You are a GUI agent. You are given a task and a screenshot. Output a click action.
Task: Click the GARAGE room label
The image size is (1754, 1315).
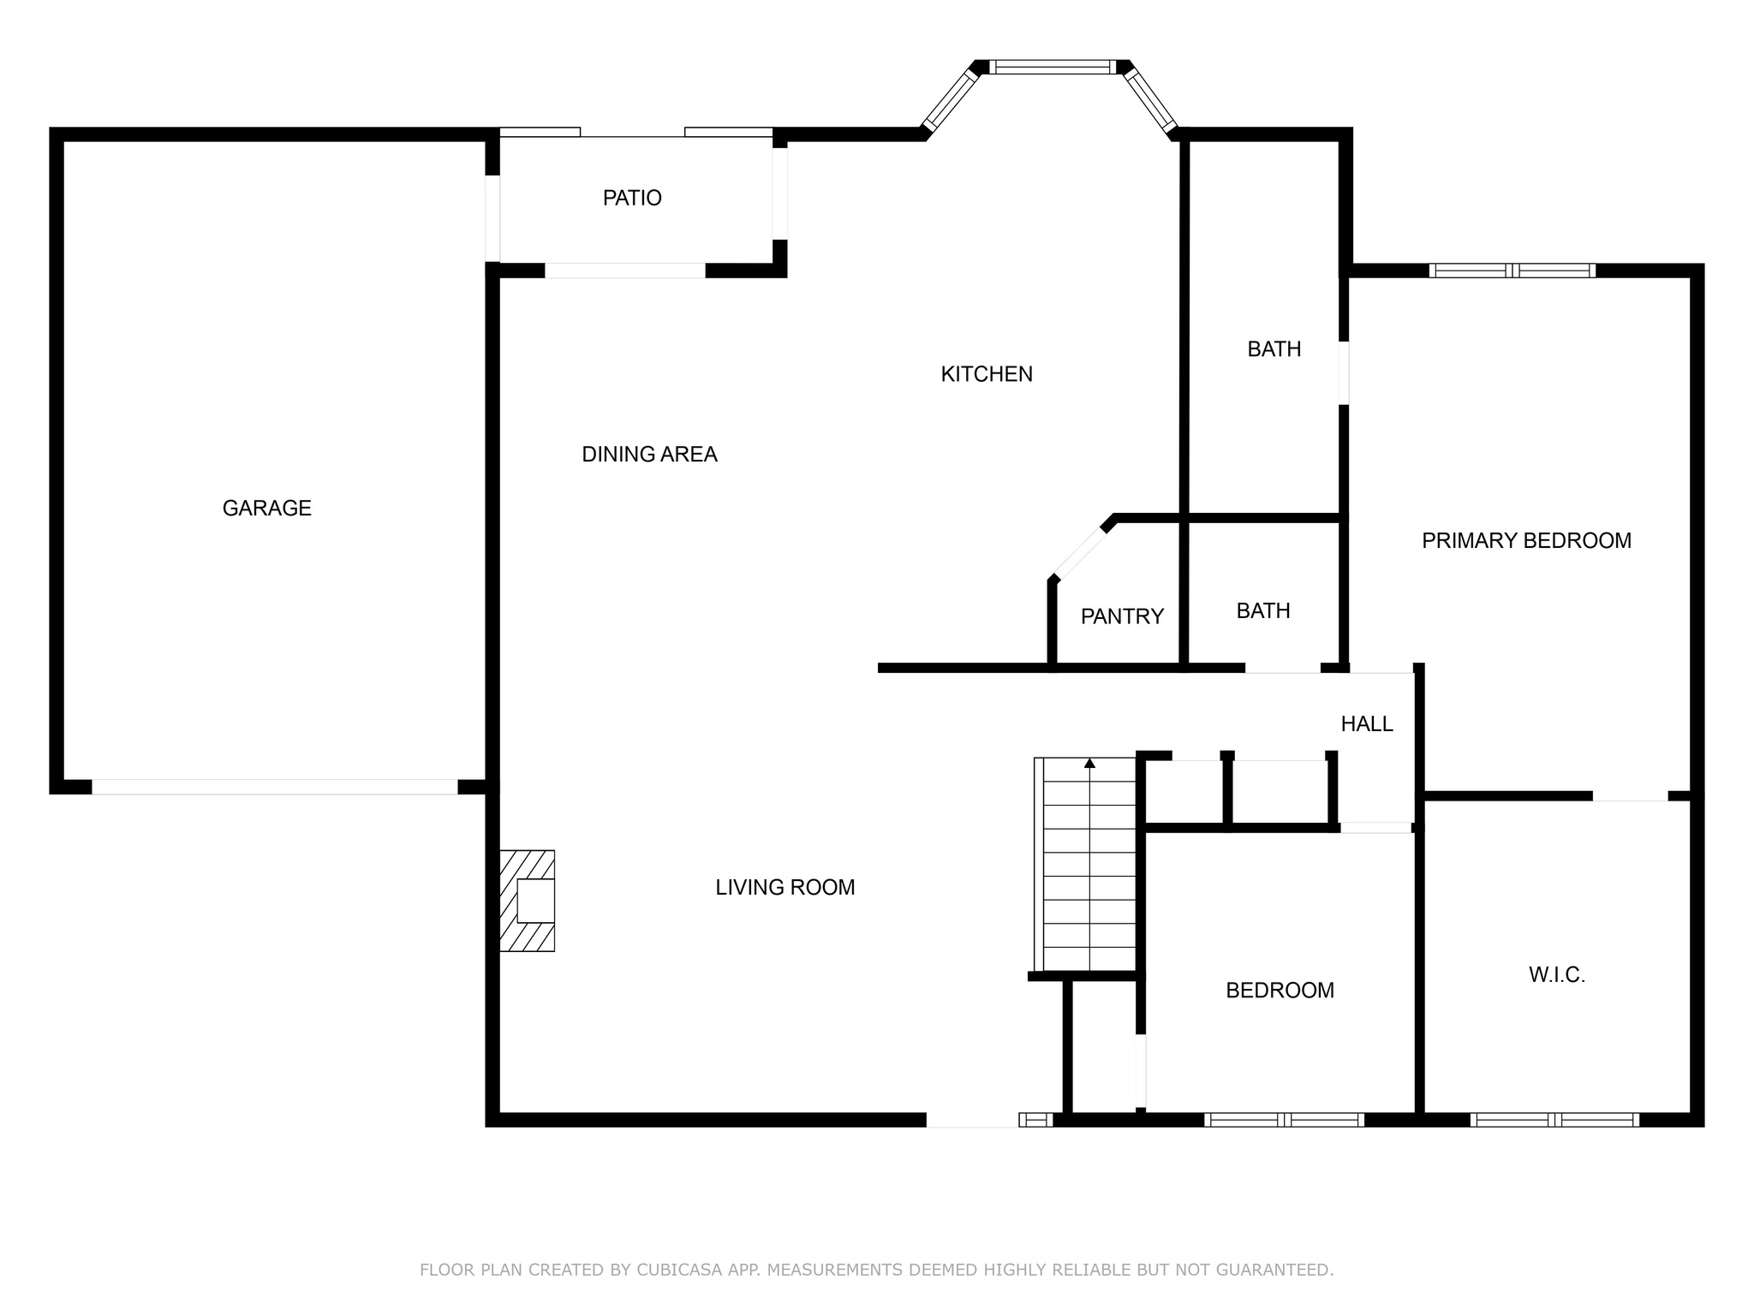pyautogui.click(x=266, y=509)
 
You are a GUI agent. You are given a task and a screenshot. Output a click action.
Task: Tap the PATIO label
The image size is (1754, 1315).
pyautogui.click(x=632, y=198)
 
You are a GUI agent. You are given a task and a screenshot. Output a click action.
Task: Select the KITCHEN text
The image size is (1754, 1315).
pyautogui.click(x=987, y=374)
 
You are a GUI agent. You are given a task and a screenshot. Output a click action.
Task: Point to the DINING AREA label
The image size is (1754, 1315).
pyautogui.click(x=649, y=455)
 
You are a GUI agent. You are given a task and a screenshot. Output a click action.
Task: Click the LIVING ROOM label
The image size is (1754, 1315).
pyautogui.click(x=785, y=888)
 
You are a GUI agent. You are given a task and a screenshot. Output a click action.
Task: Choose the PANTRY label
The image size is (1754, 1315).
pyautogui.click(x=1122, y=616)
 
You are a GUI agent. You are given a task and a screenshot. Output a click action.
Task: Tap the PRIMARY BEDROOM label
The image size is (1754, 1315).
pyautogui.click(x=1526, y=541)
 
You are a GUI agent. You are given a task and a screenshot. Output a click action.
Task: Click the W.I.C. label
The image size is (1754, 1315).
pyautogui.click(x=1556, y=975)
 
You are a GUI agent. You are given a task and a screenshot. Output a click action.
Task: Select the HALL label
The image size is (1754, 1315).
pyautogui.click(x=1366, y=724)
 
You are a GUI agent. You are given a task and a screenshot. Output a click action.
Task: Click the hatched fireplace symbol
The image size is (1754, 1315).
pyautogui.click(x=528, y=901)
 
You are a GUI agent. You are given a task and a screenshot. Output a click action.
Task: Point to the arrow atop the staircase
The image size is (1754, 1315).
pyautogui.click(x=1089, y=763)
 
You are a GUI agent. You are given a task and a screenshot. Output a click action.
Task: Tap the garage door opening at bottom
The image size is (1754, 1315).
pyautogui.click(x=274, y=787)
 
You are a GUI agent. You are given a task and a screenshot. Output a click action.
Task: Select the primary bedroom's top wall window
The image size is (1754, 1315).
pyautogui.click(x=1512, y=271)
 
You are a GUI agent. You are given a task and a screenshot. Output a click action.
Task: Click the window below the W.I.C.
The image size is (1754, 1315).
pyautogui.click(x=1554, y=1119)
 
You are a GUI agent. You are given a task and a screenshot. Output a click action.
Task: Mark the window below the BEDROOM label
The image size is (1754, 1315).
pyautogui.click(x=1283, y=1119)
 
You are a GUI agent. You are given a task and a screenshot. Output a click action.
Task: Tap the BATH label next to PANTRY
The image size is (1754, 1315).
pyautogui.click(x=1262, y=611)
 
